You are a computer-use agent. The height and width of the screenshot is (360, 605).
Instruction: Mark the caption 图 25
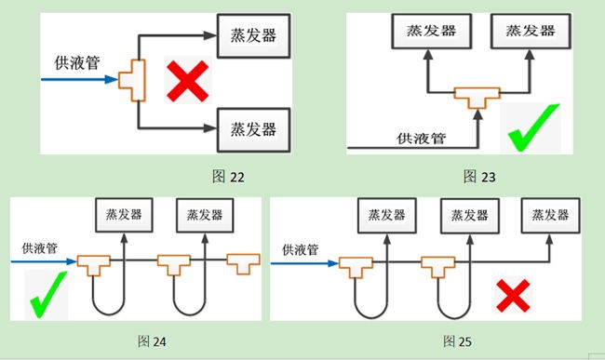click(457, 341)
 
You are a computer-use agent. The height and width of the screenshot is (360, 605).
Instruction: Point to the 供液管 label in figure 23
click(421, 138)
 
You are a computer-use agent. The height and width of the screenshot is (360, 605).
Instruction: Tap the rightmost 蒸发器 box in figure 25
click(551, 216)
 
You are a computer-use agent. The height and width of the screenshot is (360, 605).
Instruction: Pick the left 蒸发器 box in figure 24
click(124, 215)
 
